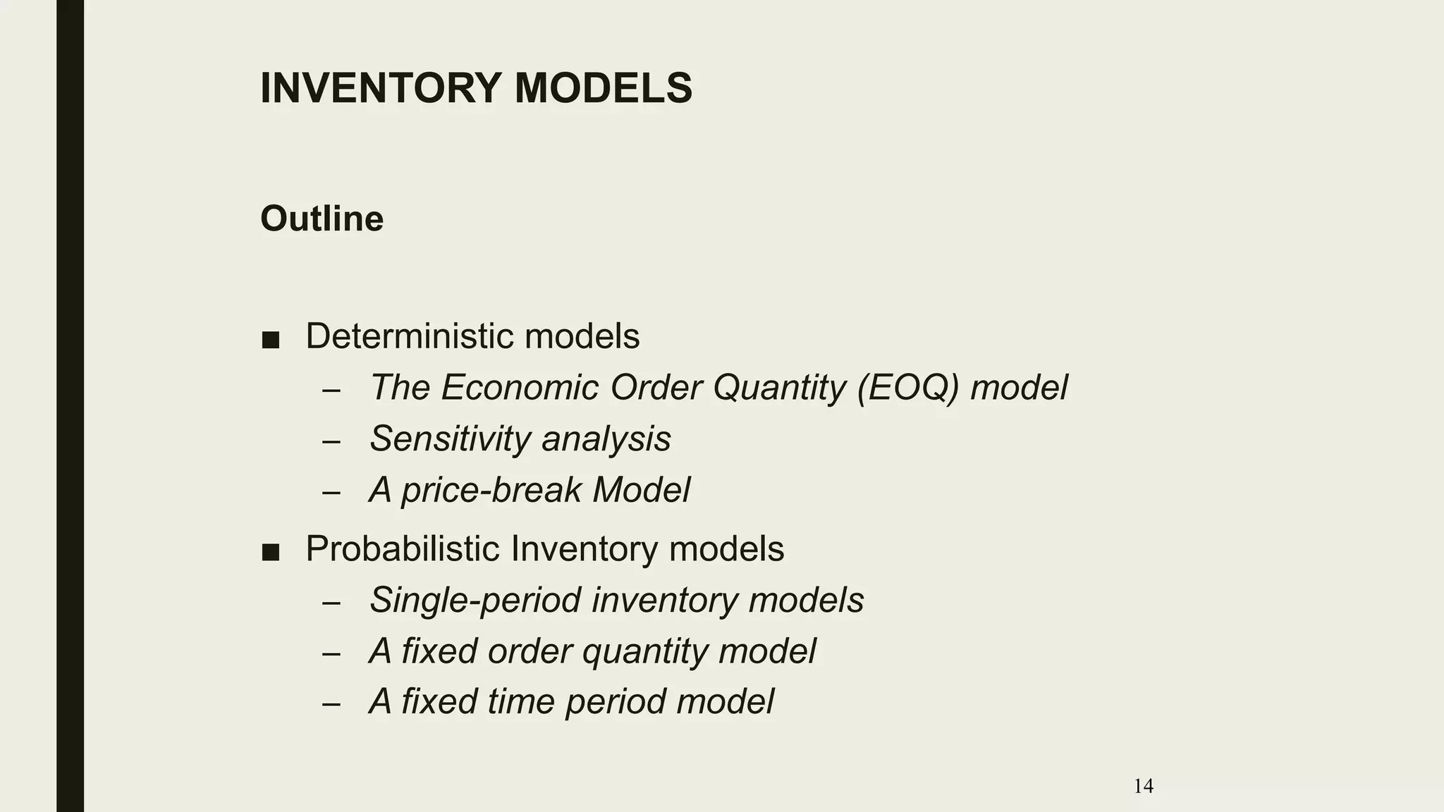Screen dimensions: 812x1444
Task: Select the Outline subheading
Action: pos(322,219)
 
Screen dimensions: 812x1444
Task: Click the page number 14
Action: pos(1143,786)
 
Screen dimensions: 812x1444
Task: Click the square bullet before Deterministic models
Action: pos(270,340)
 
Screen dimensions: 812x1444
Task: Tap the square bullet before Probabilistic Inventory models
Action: pos(270,553)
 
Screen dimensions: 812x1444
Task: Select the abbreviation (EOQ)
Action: pos(908,388)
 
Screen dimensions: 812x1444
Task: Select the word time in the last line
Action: pos(520,701)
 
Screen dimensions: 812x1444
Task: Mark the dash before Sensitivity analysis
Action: pos(331,442)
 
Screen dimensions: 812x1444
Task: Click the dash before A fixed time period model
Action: pos(331,704)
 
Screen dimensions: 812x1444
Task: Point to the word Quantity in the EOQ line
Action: pos(779,388)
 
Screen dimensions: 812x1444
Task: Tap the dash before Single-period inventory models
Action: pos(331,603)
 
